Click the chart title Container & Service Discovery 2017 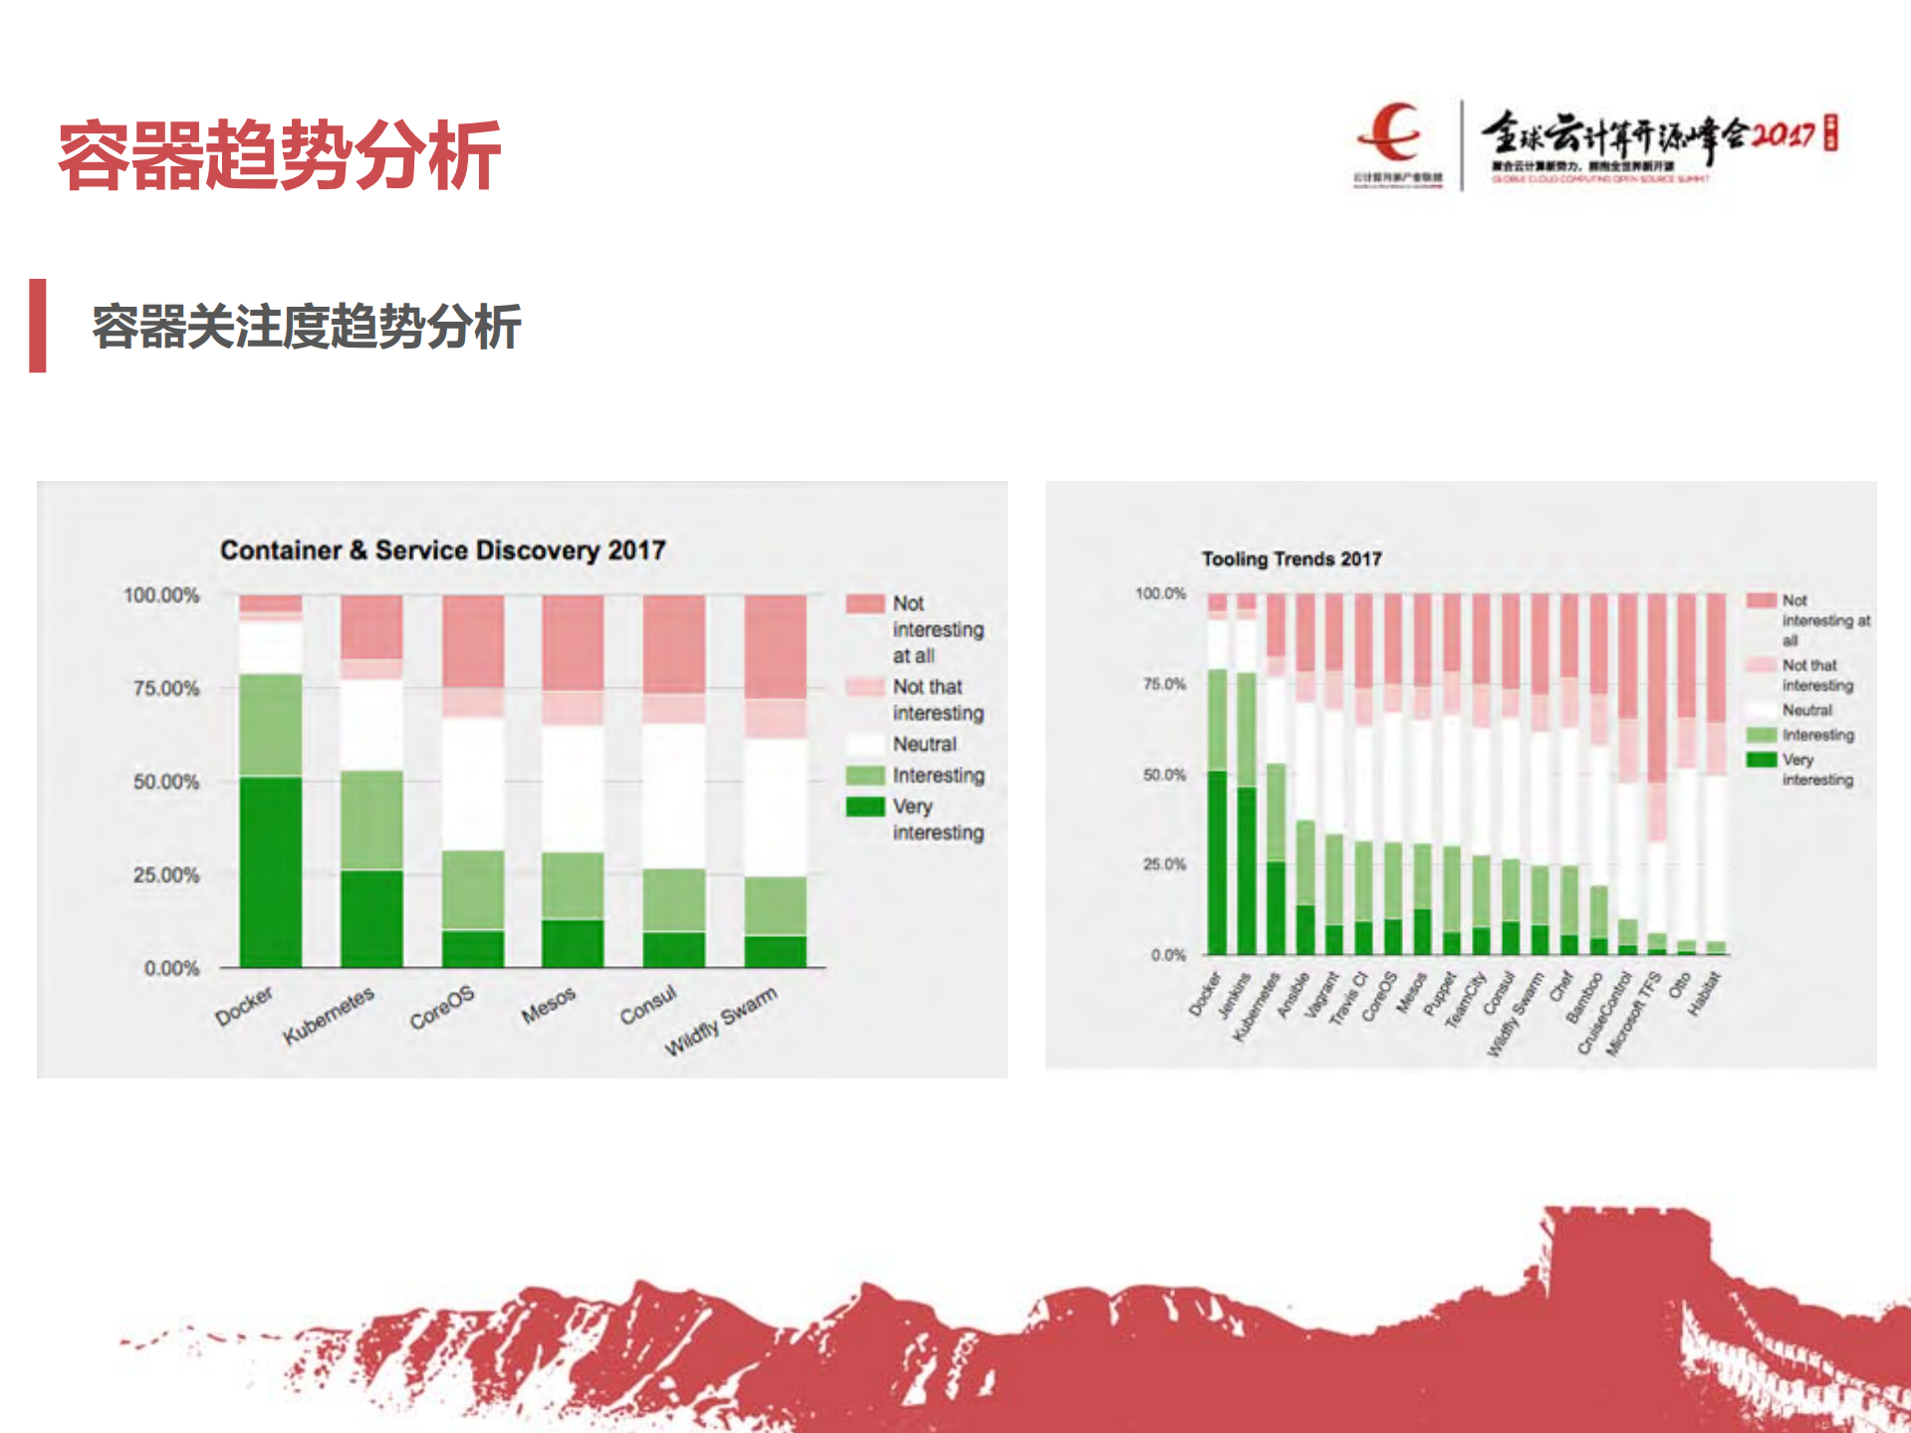442,550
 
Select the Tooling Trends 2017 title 1291,559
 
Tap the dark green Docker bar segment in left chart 270,871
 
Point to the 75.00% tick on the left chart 165,688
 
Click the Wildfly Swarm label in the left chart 720,1022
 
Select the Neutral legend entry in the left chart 923,744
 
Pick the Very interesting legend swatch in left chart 864,806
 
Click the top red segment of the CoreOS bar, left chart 472,640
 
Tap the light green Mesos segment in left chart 572,884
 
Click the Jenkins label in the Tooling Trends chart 1234,994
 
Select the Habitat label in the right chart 1704,993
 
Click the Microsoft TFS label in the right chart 1634,1014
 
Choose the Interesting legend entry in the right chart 1817,735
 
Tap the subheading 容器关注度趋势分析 306,327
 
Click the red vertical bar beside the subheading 38,326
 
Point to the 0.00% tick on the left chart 170,968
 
